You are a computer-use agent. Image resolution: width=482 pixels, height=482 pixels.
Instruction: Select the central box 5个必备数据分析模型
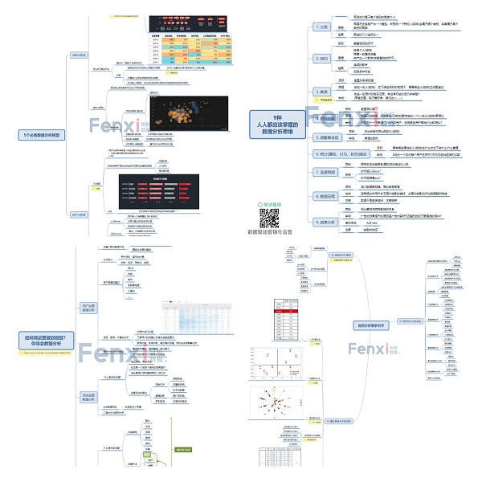click(43, 134)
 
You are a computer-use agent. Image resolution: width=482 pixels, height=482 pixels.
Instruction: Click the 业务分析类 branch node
click(78, 55)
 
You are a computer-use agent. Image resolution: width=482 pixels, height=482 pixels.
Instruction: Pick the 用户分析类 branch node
click(78, 214)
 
